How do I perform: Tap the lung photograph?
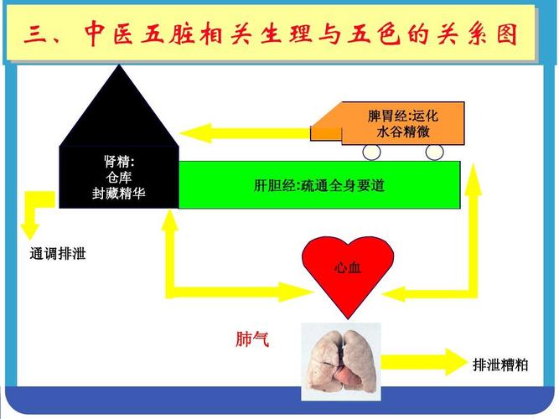tap(341, 361)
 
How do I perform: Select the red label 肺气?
tap(252, 339)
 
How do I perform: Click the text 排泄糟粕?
tap(499, 365)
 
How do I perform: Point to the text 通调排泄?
tap(58, 254)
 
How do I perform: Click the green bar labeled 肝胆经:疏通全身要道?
tap(319, 185)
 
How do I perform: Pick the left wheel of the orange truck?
tap(371, 153)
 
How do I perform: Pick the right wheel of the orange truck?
tap(435, 153)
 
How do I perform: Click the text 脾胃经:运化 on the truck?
tap(403, 116)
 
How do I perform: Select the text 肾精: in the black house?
tap(119, 162)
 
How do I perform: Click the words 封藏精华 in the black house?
tap(119, 194)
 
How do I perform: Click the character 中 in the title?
tap(96, 34)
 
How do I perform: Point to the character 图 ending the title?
tap(506, 34)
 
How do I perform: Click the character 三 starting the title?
tap(35, 35)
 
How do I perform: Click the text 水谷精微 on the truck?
tap(403, 132)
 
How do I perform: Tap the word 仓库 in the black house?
tap(119, 177)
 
